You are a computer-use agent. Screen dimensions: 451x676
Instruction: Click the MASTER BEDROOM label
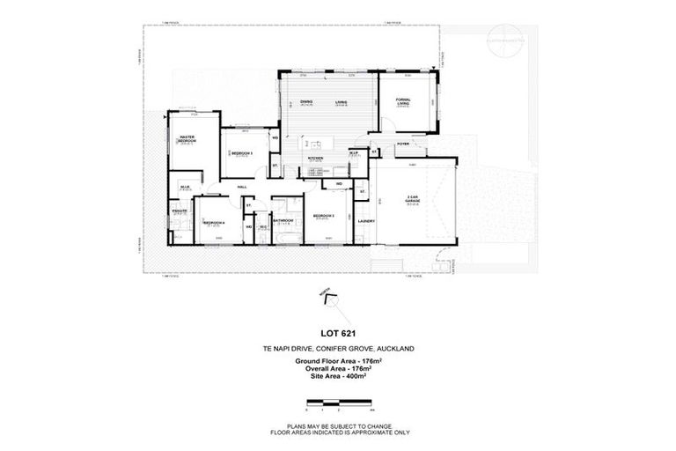click(187, 139)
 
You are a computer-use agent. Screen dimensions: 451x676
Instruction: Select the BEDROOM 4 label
click(215, 222)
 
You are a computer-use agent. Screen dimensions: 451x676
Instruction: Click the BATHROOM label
click(283, 220)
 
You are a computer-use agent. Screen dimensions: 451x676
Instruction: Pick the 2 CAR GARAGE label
click(412, 198)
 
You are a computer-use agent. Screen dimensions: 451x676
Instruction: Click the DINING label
click(306, 102)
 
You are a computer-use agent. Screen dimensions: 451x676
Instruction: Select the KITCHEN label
click(316, 158)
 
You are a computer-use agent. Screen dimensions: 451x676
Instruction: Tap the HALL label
click(242, 187)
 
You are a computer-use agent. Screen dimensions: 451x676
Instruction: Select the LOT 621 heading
click(337, 330)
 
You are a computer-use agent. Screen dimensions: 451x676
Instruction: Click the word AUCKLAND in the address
click(392, 348)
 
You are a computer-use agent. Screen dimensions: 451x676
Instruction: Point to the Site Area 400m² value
click(338, 376)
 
